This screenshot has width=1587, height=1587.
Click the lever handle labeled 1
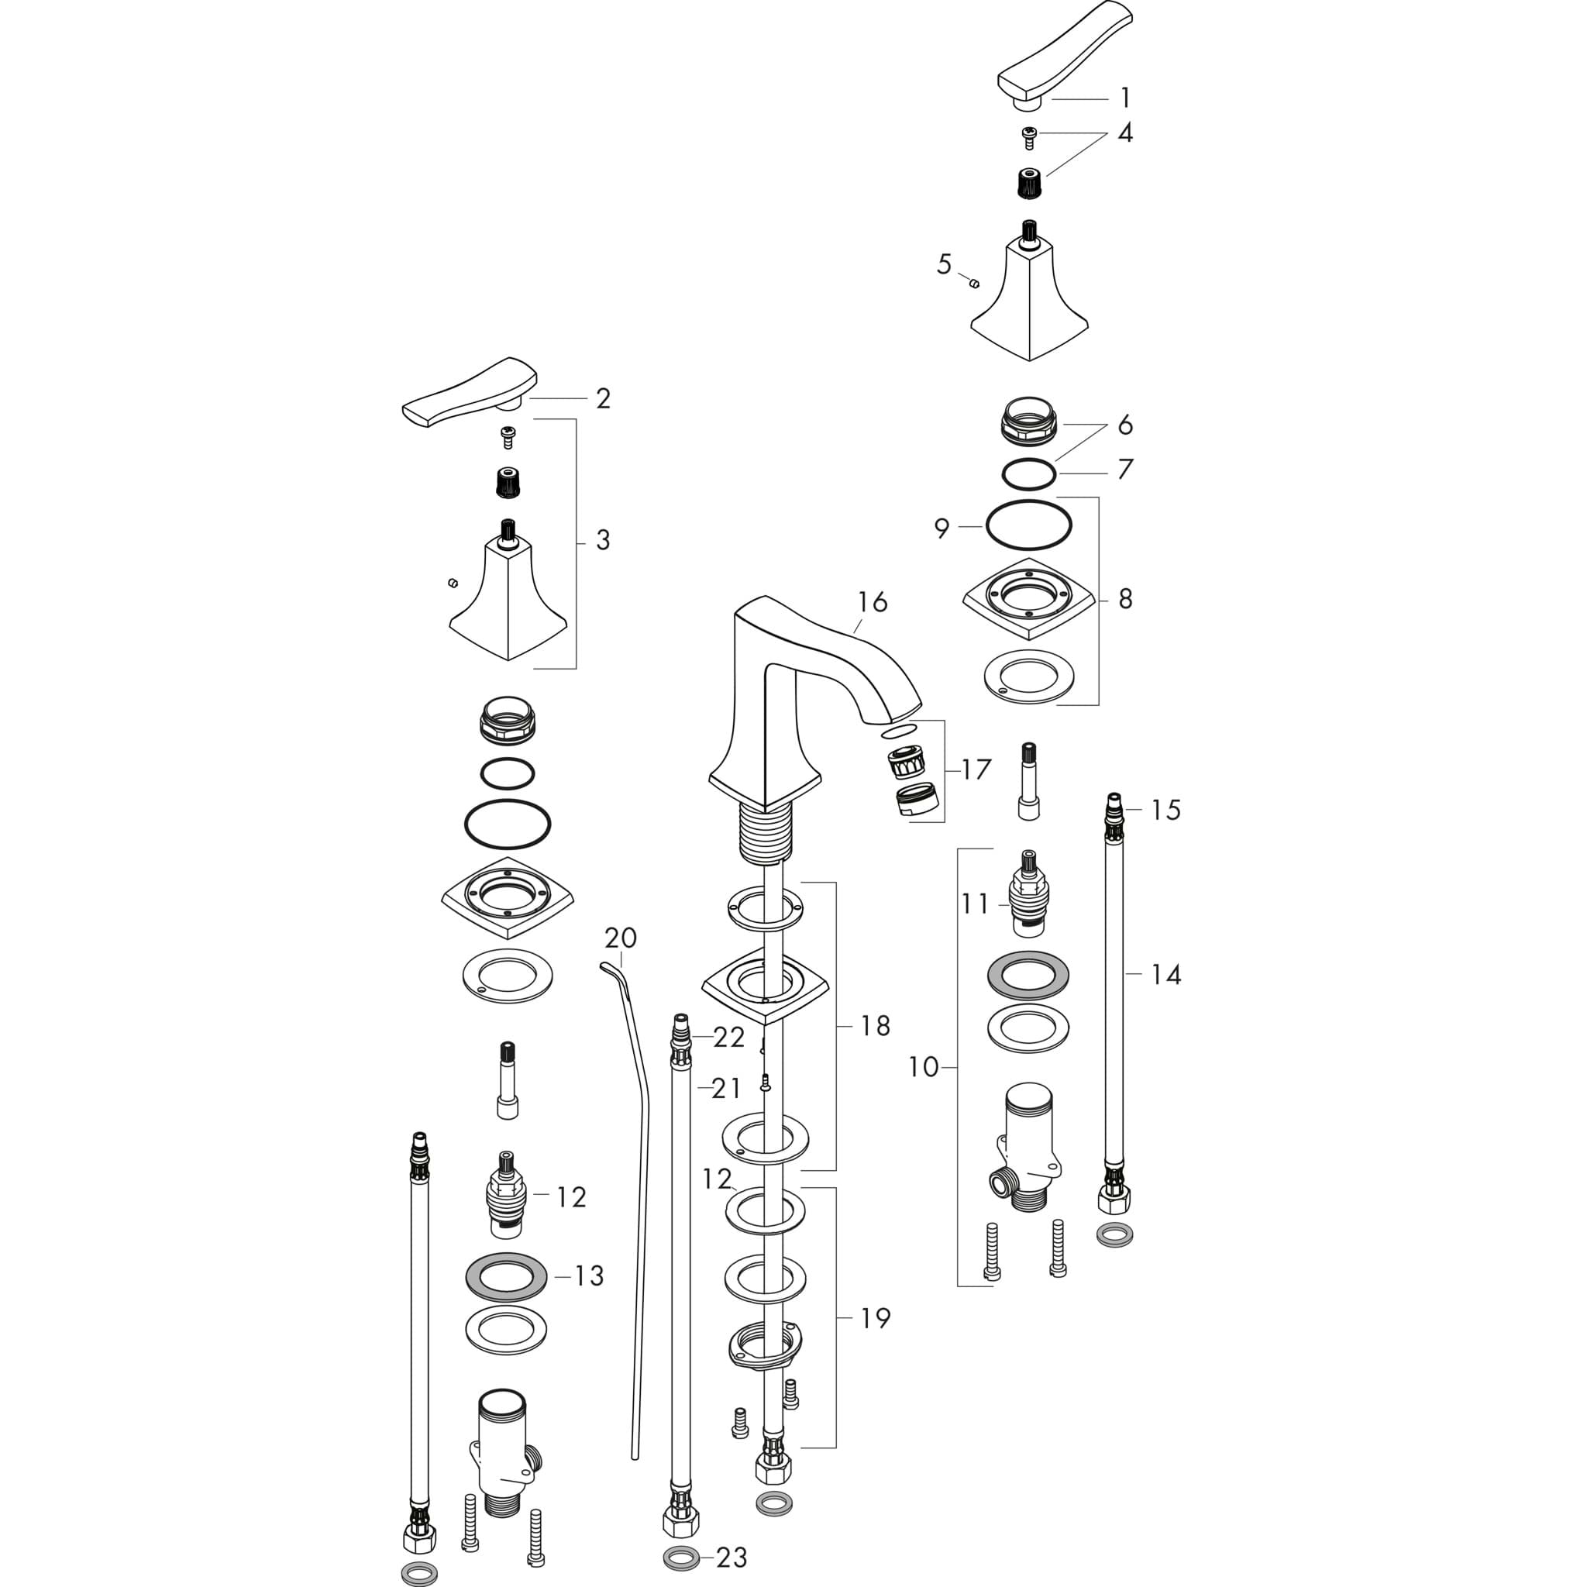click(1064, 57)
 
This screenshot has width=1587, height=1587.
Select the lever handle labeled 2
click(469, 394)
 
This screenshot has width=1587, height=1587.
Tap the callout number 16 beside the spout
click(873, 602)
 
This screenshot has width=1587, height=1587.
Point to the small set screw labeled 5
click(974, 284)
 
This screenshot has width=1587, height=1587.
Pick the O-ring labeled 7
click(1028, 474)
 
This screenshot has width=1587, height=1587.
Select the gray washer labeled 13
click(507, 1275)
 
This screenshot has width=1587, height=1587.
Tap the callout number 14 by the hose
click(1165, 974)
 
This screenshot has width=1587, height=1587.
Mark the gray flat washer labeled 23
click(680, 1558)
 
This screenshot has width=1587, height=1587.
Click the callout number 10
click(923, 1067)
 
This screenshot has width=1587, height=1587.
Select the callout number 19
click(876, 1318)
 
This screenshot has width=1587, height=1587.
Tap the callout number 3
click(603, 539)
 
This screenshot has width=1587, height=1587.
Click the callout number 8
click(1125, 599)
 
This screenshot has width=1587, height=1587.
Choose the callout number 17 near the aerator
click(976, 769)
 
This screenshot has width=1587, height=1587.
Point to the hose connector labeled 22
click(680, 1039)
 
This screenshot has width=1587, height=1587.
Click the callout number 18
click(876, 1025)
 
